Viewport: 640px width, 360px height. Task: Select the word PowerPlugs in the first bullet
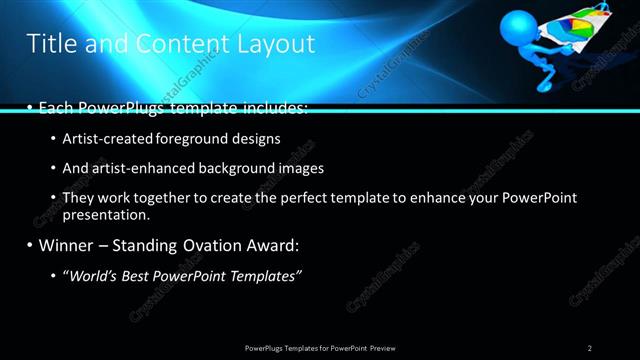[121, 107]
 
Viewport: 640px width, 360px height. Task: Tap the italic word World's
[92, 275]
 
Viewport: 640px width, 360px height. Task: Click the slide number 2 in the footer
[590, 347]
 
